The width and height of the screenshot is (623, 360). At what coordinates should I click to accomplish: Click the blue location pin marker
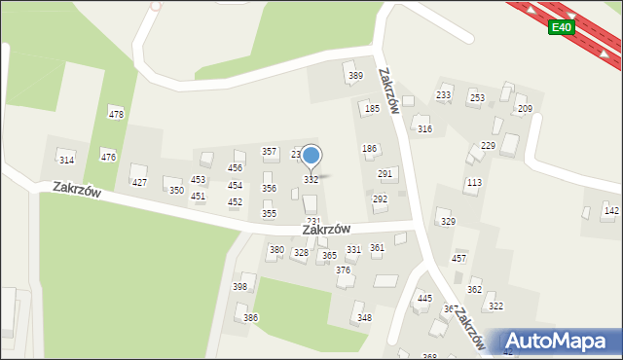coord(311,156)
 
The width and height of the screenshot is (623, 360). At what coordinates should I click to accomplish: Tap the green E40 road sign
coord(560,27)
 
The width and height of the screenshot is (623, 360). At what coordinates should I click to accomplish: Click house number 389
coord(356,76)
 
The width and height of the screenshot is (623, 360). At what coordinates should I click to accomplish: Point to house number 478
coord(116,115)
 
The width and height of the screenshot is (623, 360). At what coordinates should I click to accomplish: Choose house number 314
coord(66,160)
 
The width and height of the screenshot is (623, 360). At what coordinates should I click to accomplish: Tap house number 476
coord(108,157)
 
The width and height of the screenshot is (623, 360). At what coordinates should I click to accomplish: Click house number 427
coord(139,182)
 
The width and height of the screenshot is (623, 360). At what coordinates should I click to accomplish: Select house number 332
coord(311,180)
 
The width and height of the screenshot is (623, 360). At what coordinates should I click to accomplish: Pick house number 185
coord(372,109)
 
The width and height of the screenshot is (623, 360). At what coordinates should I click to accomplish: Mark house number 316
coord(424,128)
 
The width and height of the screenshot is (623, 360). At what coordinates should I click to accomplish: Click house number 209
coord(525,109)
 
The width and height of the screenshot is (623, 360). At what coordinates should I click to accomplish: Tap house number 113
coord(474,183)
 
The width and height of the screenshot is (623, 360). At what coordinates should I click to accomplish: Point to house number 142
coord(610,210)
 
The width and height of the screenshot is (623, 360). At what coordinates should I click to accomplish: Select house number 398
coord(239,287)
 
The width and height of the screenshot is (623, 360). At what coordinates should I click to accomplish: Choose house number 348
coord(364,318)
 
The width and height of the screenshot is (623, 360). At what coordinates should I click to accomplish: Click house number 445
coord(424,299)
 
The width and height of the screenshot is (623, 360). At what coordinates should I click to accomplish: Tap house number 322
coord(495,306)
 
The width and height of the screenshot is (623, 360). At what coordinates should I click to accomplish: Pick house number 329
coord(448,222)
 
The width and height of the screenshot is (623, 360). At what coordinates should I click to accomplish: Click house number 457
coord(458,258)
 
